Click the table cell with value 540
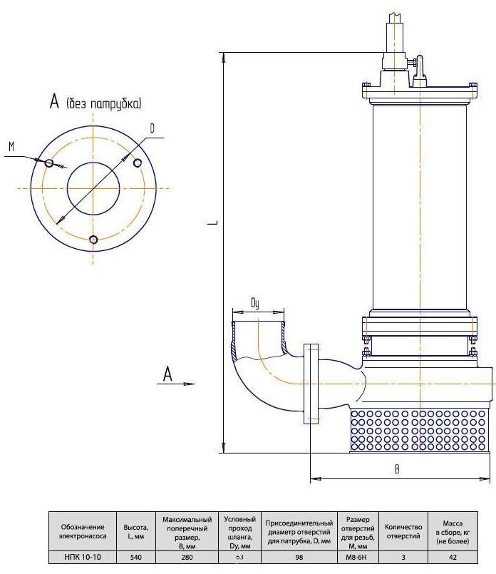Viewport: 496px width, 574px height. click(x=135, y=558)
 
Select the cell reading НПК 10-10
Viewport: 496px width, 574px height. click(x=83, y=558)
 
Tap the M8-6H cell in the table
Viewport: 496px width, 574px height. click(x=358, y=558)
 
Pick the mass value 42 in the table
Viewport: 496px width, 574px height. click(x=453, y=558)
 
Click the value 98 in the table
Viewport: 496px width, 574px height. click(x=299, y=558)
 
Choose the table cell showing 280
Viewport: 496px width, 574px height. click(x=187, y=558)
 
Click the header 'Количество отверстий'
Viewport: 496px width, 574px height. click(x=403, y=531)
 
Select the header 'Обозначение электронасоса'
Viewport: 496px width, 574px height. click(x=83, y=531)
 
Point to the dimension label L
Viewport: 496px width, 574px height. click(x=215, y=222)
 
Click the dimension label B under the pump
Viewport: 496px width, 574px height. click(x=397, y=469)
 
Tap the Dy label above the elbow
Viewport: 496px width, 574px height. click(x=255, y=304)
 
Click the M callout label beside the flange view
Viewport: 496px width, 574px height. click(x=11, y=147)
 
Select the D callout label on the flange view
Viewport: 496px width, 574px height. click(x=153, y=129)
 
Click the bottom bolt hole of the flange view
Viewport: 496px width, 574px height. click(x=93, y=240)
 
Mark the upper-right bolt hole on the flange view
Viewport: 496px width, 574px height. click(x=138, y=163)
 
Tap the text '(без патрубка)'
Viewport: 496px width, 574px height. click(x=104, y=104)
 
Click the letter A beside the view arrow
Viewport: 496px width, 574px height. click(x=167, y=374)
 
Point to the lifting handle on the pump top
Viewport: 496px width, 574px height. click(x=420, y=72)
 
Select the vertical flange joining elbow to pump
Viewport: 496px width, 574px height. click(x=311, y=384)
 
